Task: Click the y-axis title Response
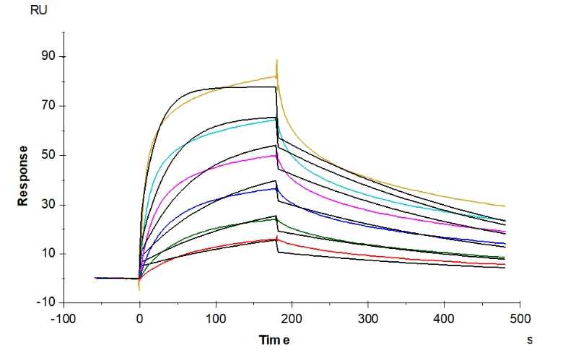coord(23,175)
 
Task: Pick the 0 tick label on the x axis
coord(139,318)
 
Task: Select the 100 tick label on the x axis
coord(216,318)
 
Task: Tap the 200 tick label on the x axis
coord(292,318)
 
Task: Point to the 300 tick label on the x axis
coord(368,318)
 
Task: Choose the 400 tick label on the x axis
coord(445,318)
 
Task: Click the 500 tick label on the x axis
coord(520,318)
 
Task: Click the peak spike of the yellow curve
coord(277,61)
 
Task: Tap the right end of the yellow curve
coord(505,206)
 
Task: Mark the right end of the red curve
coord(505,264)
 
